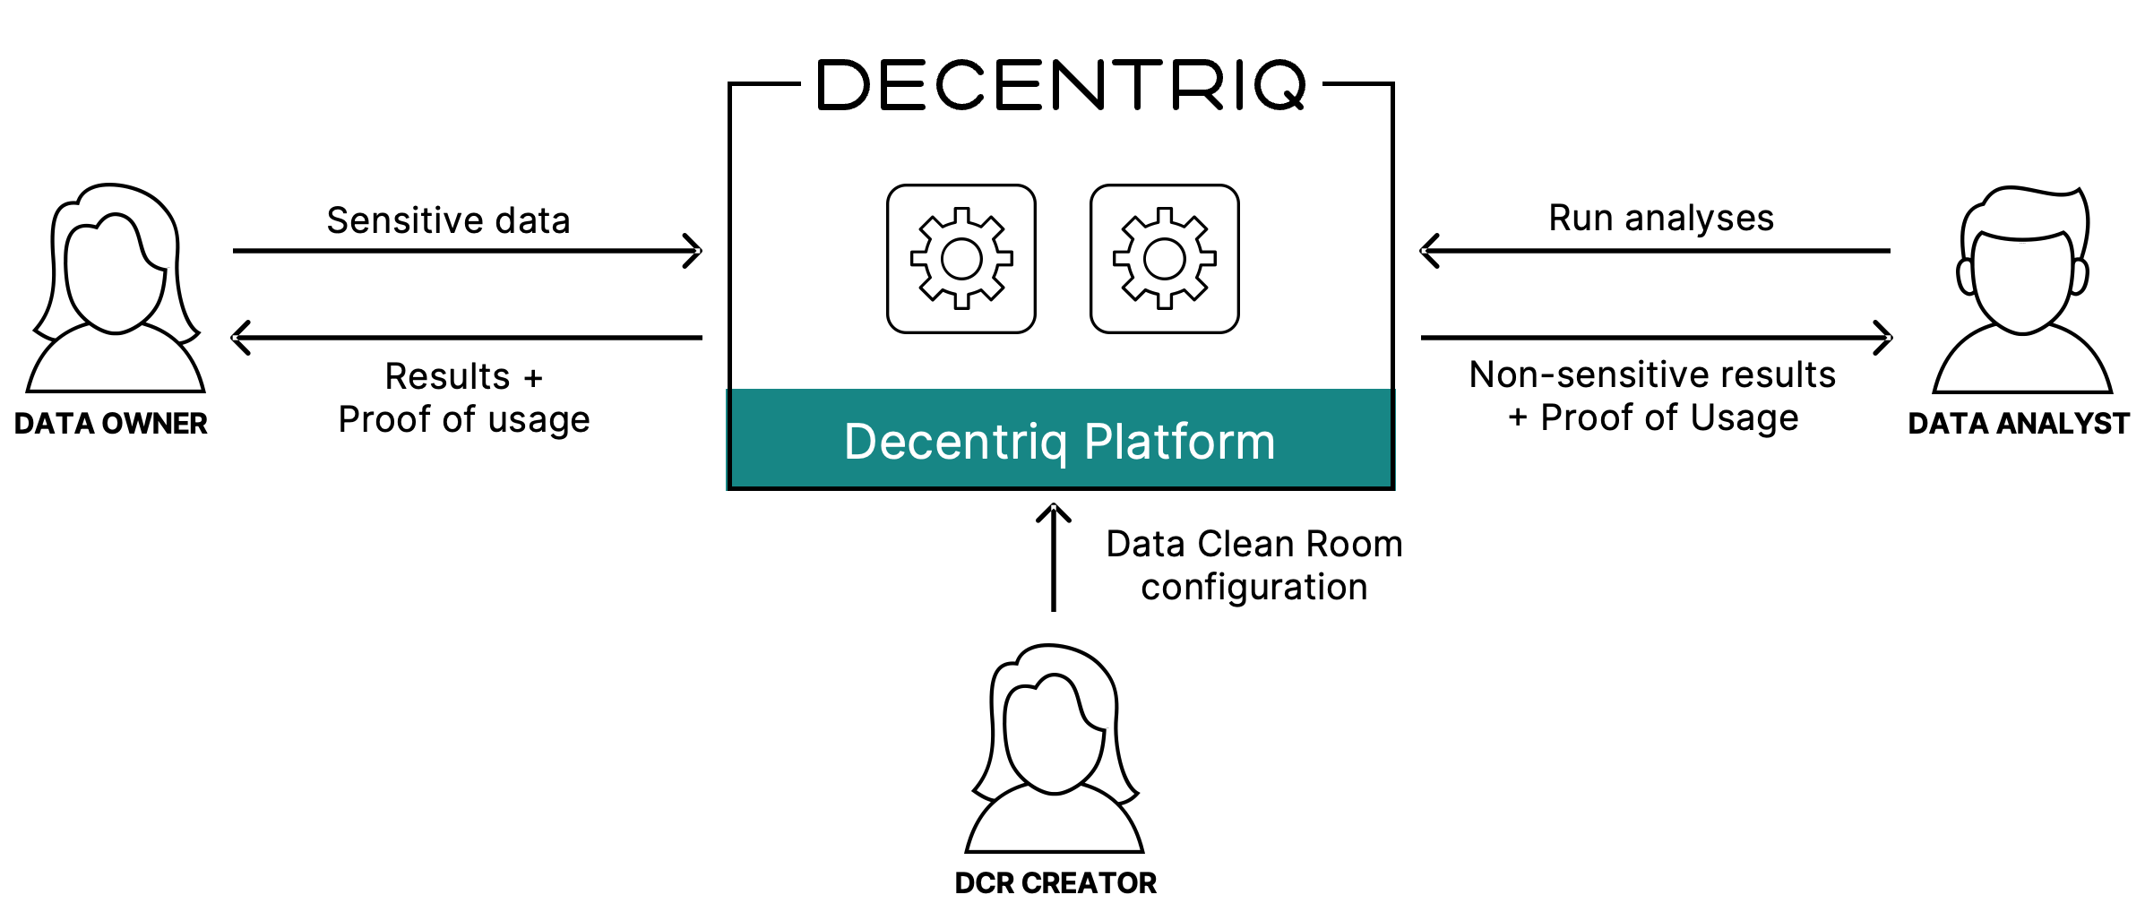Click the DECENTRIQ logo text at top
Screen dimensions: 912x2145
1061,86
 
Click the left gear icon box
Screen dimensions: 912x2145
961,259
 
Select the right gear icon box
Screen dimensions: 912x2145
1164,259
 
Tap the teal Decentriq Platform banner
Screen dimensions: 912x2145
1060,441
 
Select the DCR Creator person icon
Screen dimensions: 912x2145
1055,748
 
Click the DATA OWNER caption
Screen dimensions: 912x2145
110,424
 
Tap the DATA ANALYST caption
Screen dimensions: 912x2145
2018,424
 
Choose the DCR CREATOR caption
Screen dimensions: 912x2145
1055,883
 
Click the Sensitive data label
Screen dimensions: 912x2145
448,220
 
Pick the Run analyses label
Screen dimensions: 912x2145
1661,218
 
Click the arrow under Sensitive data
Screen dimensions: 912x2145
467,251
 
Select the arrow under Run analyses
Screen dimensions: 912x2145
1655,251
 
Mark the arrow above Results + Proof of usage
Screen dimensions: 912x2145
467,338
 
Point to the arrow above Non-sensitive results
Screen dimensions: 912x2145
1656,338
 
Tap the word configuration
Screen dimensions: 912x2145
1253,588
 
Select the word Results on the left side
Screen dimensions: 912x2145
447,376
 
